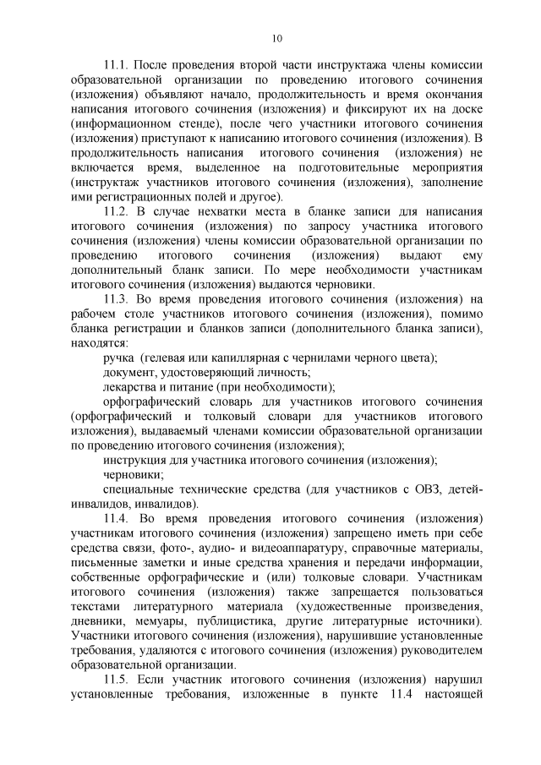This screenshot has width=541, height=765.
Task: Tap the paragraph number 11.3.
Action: [x=116, y=298]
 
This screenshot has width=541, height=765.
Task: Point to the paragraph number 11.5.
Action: [x=116, y=680]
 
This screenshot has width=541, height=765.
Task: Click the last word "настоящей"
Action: [x=454, y=695]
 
